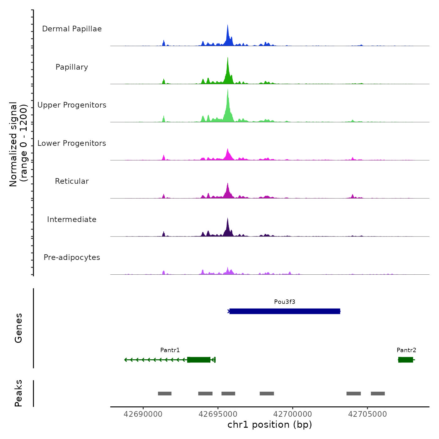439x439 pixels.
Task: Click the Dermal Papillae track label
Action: (x=72, y=29)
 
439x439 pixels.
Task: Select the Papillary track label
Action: (x=72, y=67)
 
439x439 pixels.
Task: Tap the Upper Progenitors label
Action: (x=72, y=105)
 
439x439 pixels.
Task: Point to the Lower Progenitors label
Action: (x=72, y=143)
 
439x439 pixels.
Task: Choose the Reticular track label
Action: (x=72, y=181)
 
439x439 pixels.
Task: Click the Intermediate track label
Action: (x=72, y=219)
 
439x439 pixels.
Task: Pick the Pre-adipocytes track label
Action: (x=72, y=257)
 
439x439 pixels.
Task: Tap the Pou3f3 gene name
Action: (x=285, y=302)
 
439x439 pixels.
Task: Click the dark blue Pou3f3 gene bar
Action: (x=285, y=311)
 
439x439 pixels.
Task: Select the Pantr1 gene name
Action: (x=170, y=350)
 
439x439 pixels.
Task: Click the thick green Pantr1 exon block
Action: (x=199, y=360)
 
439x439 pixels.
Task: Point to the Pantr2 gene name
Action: (x=406, y=350)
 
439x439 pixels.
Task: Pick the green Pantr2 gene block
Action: (x=406, y=360)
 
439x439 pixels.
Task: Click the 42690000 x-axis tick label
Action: (x=143, y=414)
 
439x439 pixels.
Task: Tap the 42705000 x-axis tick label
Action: (x=368, y=414)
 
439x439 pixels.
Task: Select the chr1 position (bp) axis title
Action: (x=270, y=425)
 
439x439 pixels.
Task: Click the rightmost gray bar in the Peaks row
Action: (x=378, y=394)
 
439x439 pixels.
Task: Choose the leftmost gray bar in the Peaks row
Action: (x=165, y=394)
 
